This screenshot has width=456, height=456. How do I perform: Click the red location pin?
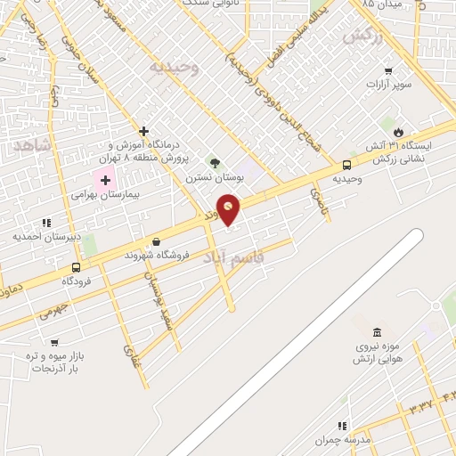tap(229, 208)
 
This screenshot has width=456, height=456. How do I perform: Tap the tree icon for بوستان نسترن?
tap(214, 162)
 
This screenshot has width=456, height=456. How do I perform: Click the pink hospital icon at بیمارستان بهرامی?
tap(106, 181)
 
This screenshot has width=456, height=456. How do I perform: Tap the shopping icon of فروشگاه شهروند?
tap(157, 240)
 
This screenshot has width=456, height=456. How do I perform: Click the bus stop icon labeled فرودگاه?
tap(76, 267)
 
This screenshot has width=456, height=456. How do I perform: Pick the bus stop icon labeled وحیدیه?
tap(346, 165)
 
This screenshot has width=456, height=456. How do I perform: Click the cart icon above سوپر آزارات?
tap(388, 71)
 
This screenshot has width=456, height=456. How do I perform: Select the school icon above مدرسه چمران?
tap(341, 427)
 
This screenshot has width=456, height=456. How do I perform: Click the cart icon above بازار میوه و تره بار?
tap(55, 342)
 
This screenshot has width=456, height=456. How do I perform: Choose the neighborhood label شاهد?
tap(32, 143)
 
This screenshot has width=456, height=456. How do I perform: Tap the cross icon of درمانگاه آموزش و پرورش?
tap(143, 130)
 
